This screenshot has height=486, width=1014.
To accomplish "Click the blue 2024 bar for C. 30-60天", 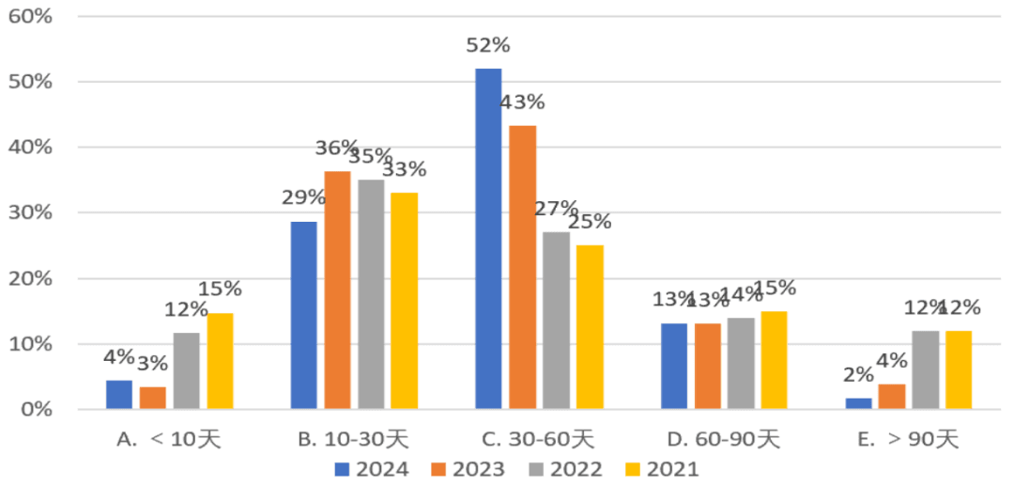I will click(488, 239).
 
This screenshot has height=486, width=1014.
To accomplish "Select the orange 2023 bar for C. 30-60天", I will click(523, 267).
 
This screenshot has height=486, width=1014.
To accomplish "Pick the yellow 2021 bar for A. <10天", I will click(220, 361).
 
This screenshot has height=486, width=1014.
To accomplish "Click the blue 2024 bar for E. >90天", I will click(858, 403).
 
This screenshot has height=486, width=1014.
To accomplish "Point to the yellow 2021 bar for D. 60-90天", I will click(774, 360).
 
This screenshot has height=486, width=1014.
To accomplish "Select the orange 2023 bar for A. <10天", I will click(152, 398).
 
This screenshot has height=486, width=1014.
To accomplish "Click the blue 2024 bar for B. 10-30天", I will click(303, 315).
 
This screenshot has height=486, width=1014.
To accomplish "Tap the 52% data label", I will click(488, 45).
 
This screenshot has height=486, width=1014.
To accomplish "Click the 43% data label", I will click(523, 102).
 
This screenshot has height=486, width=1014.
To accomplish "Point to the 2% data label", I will click(858, 374).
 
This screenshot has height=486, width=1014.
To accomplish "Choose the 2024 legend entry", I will click(371, 468).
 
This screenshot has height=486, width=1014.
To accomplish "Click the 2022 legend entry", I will click(565, 468).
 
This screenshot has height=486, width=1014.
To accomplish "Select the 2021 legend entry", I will click(663, 468).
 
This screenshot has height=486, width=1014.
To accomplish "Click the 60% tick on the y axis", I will click(31, 17).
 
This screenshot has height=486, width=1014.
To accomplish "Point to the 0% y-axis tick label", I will click(37, 410).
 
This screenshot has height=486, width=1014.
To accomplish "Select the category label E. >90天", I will click(910, 438).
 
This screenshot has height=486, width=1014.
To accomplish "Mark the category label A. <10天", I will click(170, 438).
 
